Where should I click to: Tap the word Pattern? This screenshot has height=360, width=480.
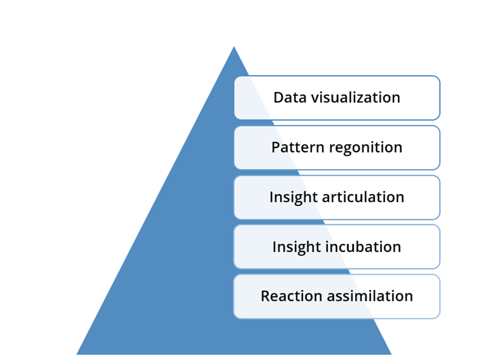(298, 147)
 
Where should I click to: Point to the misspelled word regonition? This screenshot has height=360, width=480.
(365, 148)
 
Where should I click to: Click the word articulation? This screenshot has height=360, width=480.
(363, 197)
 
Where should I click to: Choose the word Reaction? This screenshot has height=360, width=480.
(292, 296)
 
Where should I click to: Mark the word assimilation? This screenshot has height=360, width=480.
(370, 296)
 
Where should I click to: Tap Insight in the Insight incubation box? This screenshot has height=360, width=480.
(297, 248)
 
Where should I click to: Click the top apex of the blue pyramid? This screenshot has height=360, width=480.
(234, 46)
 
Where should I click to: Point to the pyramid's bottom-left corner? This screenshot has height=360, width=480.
(77, 355)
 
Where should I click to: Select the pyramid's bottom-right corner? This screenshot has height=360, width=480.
(392, 355)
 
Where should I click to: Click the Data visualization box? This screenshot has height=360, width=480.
(337, 98)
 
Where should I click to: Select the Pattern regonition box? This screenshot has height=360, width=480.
(337, 147)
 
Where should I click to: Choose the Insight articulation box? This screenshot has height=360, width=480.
(337, 197)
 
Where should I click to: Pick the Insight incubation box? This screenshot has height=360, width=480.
(337, 247)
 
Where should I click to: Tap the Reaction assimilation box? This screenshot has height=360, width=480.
(337, 297)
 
